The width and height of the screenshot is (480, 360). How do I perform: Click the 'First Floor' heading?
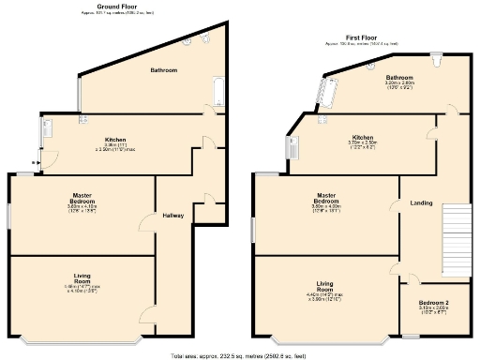352,37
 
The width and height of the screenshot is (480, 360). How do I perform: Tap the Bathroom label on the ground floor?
165,70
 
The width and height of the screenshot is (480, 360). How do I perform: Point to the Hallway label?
173,216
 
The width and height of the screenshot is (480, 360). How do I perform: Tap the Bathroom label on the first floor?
373,78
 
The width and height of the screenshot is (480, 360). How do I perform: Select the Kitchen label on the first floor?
363,137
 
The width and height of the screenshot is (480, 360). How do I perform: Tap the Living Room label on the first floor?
326,285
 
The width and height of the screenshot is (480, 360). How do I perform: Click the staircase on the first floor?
456,239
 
